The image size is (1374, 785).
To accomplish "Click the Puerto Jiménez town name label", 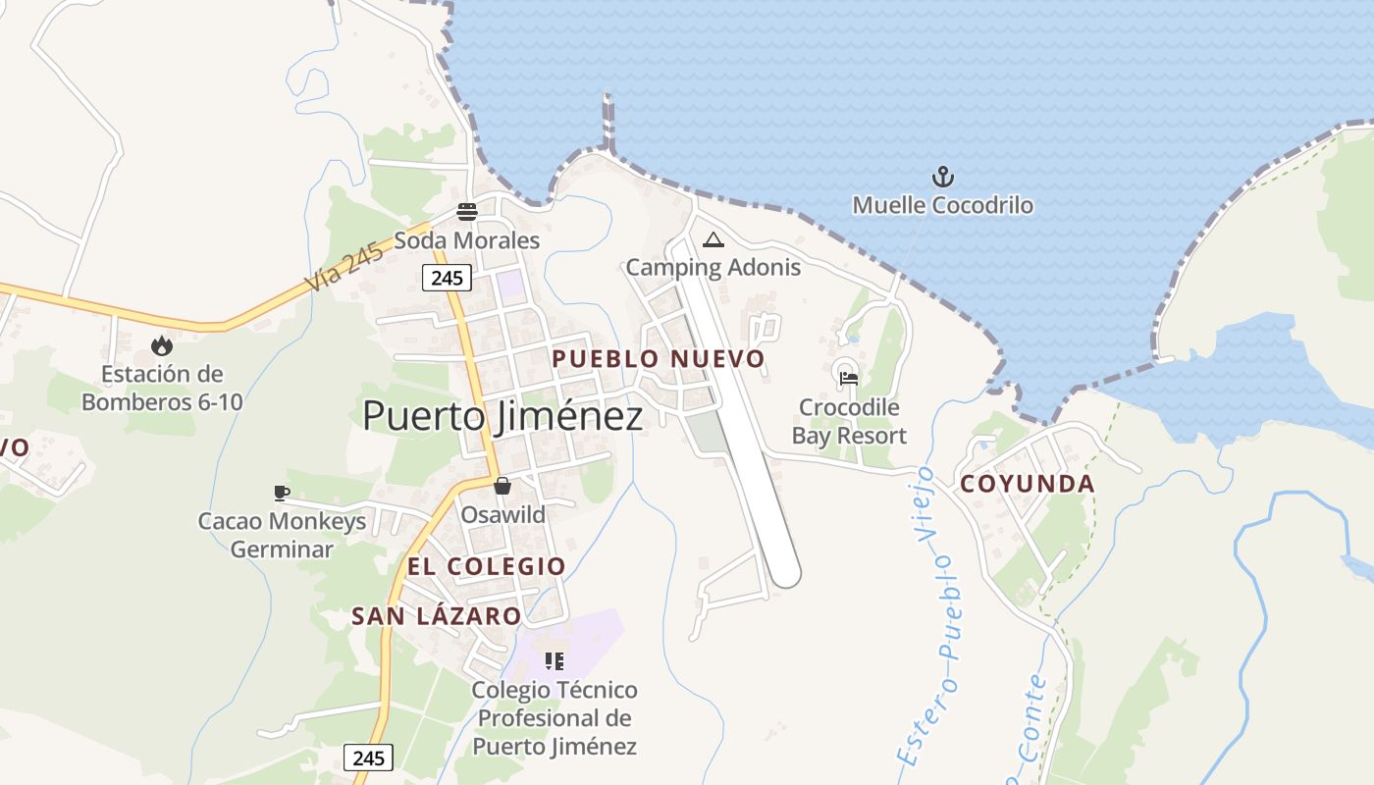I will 502,416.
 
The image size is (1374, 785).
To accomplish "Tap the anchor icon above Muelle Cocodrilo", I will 942,178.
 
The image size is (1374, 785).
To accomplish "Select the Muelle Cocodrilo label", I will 942,205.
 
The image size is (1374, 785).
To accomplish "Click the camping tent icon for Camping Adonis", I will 713,239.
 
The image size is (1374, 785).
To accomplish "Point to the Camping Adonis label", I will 713,267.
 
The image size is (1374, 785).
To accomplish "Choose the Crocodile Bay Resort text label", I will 849,421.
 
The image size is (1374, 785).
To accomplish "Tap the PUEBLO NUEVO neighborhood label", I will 658,359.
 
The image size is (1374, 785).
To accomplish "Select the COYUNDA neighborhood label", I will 1027,484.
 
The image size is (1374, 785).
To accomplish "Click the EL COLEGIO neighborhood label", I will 487,566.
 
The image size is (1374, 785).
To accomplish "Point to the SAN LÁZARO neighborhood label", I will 436,616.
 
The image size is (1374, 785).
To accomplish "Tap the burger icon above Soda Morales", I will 466,212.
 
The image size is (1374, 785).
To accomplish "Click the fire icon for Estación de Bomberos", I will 162,345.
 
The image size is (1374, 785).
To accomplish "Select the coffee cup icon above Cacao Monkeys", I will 282,493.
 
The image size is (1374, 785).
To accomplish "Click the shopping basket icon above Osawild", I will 502,486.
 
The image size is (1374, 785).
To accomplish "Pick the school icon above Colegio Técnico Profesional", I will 555,661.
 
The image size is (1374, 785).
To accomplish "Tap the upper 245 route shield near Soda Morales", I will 447,278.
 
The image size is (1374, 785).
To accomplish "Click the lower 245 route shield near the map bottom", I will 368,758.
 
